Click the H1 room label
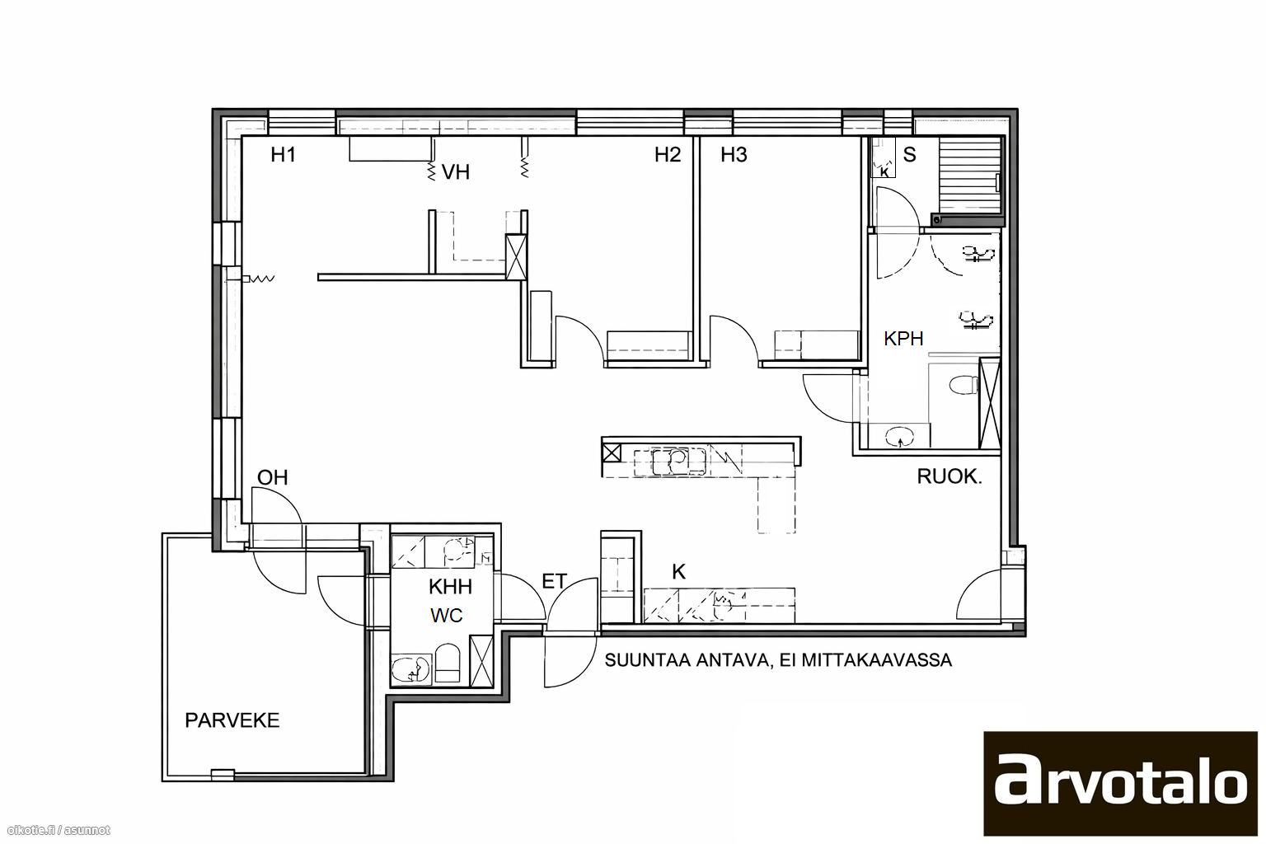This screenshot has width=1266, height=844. point(284,154)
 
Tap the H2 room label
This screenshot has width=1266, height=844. point(668,154)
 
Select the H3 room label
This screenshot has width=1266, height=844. point(734,154)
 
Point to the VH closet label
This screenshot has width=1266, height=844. point(456,172)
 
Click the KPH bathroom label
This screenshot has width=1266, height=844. point(903,339)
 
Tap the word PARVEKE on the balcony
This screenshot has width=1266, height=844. point(232,720)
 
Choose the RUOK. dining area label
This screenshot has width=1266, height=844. point(949,476)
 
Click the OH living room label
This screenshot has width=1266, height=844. point(273,478)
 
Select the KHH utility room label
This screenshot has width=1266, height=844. point(450,587)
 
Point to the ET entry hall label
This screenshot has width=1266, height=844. point(554,581)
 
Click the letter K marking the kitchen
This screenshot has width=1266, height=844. point(679,572)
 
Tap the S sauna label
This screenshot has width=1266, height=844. point(909,154)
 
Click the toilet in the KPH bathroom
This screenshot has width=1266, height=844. point(964,385)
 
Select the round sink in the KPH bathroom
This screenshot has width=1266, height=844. point(898,436)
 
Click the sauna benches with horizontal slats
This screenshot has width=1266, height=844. point(969,176)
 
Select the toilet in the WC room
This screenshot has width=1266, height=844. point(448,663)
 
